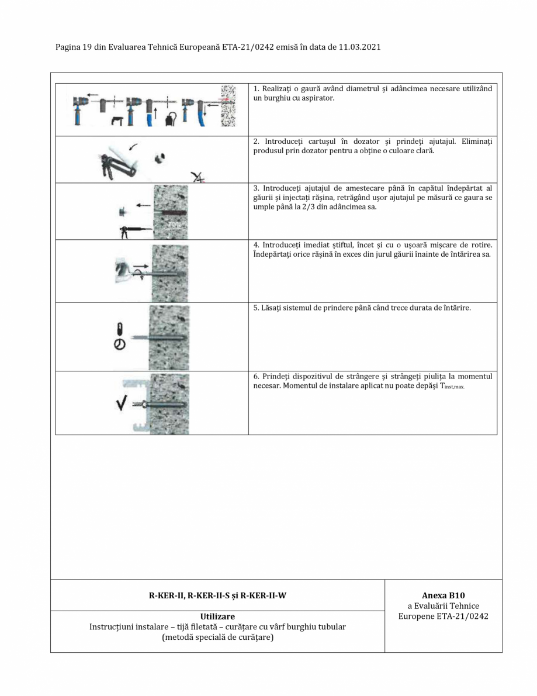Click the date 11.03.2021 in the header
tap(359, 47)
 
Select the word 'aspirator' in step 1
tap(318, 98)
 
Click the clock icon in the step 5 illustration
tap(119, 344)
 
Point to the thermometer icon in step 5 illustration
tap(119, 330)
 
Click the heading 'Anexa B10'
tap(443, 596)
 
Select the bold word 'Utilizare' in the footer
tap(217, 616)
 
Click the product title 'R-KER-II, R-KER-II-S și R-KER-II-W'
tap(217, 596)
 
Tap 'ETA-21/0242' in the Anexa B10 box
tap(460, 616)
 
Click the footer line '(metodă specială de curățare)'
tap(217, 637)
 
